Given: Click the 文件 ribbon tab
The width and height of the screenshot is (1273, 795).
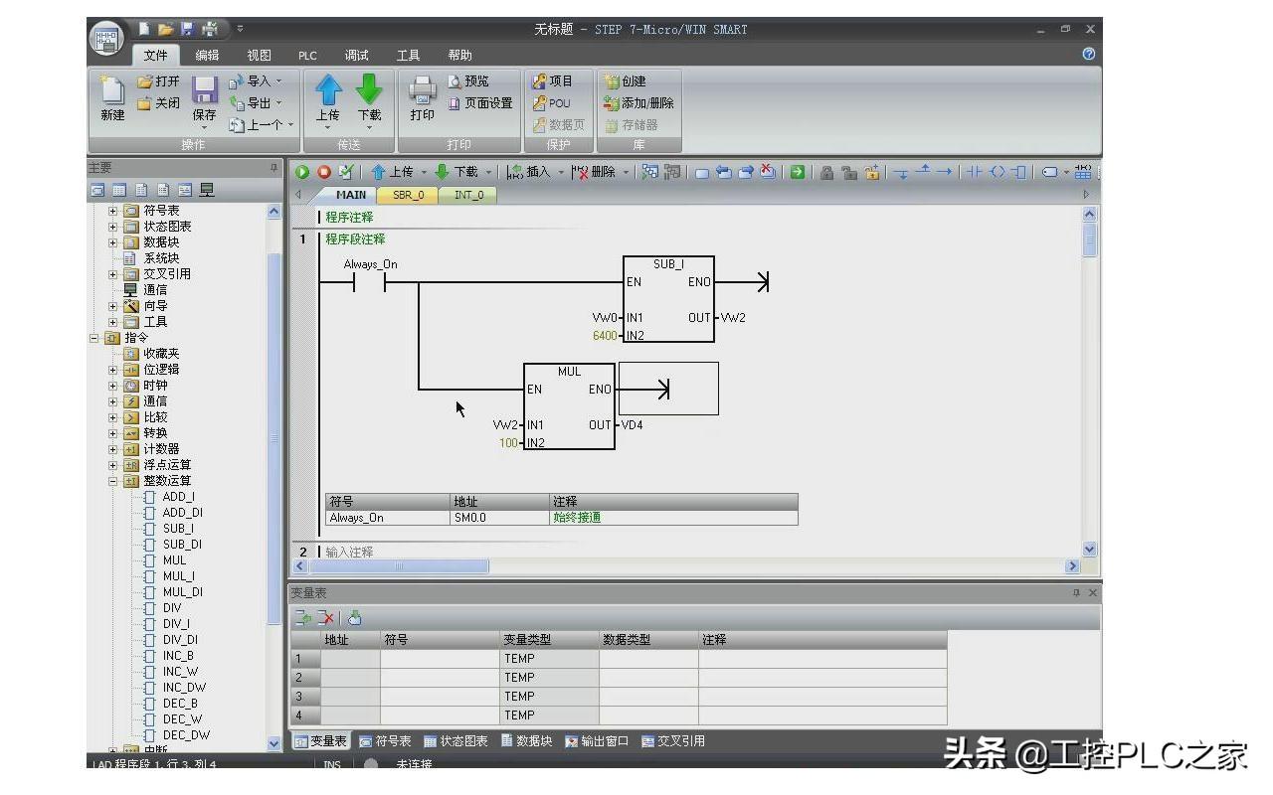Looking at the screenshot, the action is point(155,56).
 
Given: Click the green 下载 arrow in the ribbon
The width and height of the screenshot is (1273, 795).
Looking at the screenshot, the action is point(369,91).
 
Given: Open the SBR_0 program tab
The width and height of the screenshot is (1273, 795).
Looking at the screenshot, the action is point(408,195).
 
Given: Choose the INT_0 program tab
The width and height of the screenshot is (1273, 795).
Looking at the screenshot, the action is point(468,195).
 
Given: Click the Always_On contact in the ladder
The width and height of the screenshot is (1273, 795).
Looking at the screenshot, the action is point(370,282).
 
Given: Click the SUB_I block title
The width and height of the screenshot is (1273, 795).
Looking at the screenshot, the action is point(668,264).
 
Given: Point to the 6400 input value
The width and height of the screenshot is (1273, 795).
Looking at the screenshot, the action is point(605,336).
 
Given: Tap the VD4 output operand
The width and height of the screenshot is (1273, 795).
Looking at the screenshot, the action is point(632,425).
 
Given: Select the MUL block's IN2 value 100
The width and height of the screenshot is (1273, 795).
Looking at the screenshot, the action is point(509,443).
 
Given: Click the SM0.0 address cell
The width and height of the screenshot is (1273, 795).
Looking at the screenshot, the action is point(470,518).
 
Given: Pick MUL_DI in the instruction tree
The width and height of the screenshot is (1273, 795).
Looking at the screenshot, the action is point(182,592).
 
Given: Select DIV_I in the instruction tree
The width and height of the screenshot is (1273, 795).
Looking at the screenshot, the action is point(176,624).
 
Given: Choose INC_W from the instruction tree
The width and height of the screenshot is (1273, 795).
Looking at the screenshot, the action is point(180,672).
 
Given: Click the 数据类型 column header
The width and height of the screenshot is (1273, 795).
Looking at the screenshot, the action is point(627,640).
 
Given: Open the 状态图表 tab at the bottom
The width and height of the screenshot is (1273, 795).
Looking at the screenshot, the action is point(455,741).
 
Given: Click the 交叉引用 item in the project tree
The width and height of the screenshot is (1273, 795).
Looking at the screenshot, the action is point(166,274).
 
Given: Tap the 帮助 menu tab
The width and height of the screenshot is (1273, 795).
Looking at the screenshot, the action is point(459,56).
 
